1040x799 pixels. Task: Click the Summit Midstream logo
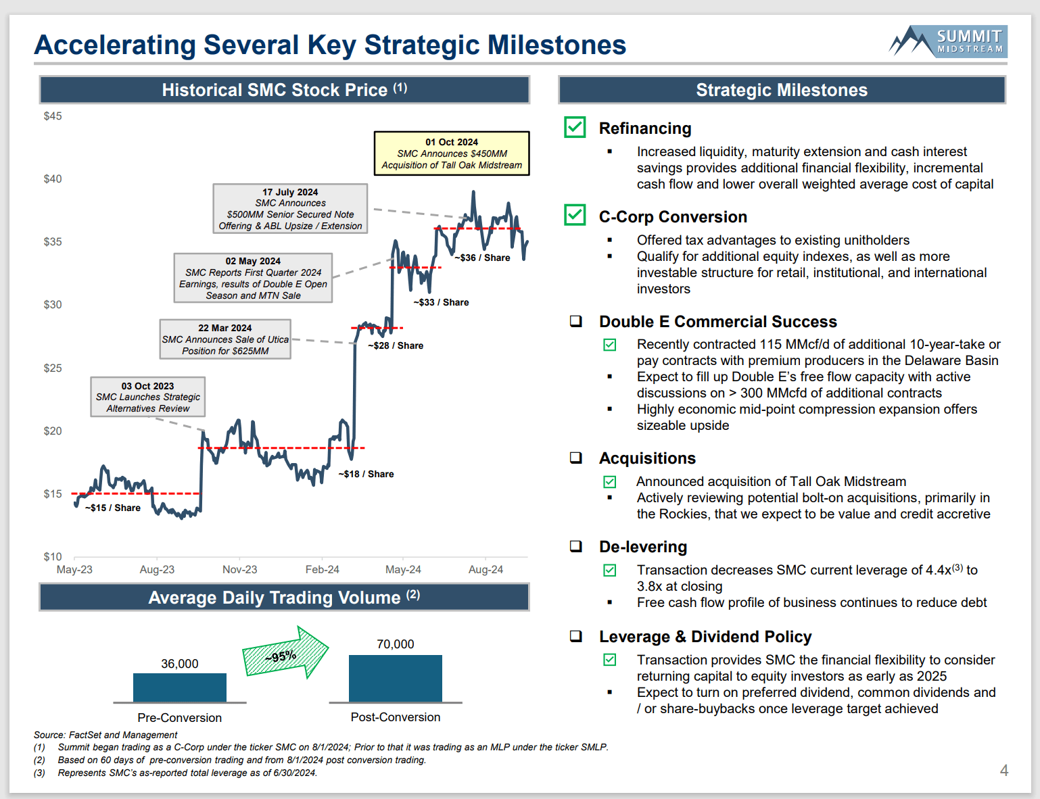[x=948, y=41]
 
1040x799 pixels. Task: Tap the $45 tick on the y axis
[x=53, y=116]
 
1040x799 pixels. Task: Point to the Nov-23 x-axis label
[x=239, y=570]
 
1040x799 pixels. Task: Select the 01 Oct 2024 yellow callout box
[x=452, y=153]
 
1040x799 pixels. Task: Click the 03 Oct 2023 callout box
[x=148, y=397]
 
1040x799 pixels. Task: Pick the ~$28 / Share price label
[x=396, y=345]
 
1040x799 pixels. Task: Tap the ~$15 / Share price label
[x=113, y=508]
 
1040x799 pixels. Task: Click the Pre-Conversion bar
[x=180, y=687]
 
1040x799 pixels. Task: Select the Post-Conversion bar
[x=396, y=678]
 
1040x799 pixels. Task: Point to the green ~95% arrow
[x=285, y=653]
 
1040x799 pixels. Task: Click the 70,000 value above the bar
[x=396, y=644]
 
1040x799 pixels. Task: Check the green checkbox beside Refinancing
[x=575, y=127]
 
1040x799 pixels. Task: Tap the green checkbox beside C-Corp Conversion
[x=575, y=215]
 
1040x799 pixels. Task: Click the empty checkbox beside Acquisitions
[x=576, y=458]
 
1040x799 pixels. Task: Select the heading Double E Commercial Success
[x=717, y=322]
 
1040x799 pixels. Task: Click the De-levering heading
[x=642, y=547]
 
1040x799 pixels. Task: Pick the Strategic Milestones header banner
[x=782, y=90]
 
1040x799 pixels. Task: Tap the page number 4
[x=1004, y=771]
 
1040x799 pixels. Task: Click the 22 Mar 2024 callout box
[x=225, y=339]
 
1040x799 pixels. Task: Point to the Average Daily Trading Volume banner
[x=284, y=598]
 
